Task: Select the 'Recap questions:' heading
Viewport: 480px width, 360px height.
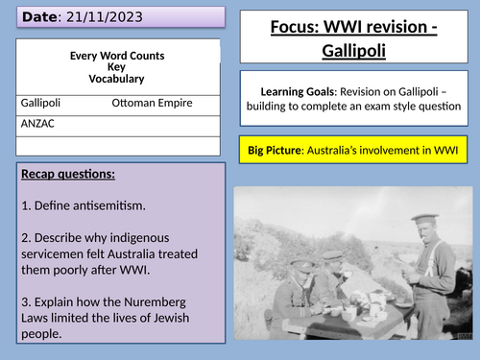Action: coord(65,175)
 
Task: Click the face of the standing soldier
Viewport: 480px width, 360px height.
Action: coord(425,207)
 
